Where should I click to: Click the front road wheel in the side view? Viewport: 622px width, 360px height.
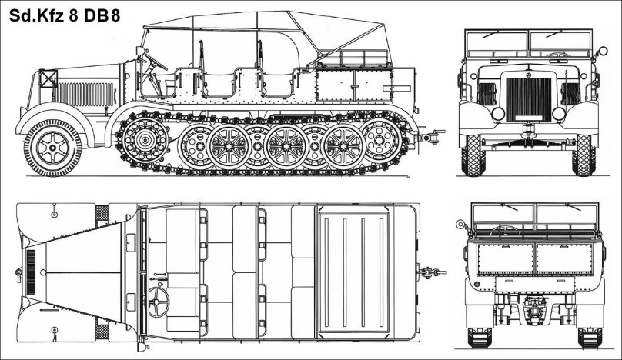point(52,146)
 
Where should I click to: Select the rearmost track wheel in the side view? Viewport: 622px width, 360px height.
point(382,140)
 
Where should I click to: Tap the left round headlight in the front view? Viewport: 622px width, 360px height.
point(498,113)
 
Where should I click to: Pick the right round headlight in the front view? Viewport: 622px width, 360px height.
point(560,113)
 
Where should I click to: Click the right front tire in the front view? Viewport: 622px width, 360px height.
point(584,154)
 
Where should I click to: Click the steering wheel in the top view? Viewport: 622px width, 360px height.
point(159,297)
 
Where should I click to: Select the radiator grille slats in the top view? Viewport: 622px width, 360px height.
point(30,272)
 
